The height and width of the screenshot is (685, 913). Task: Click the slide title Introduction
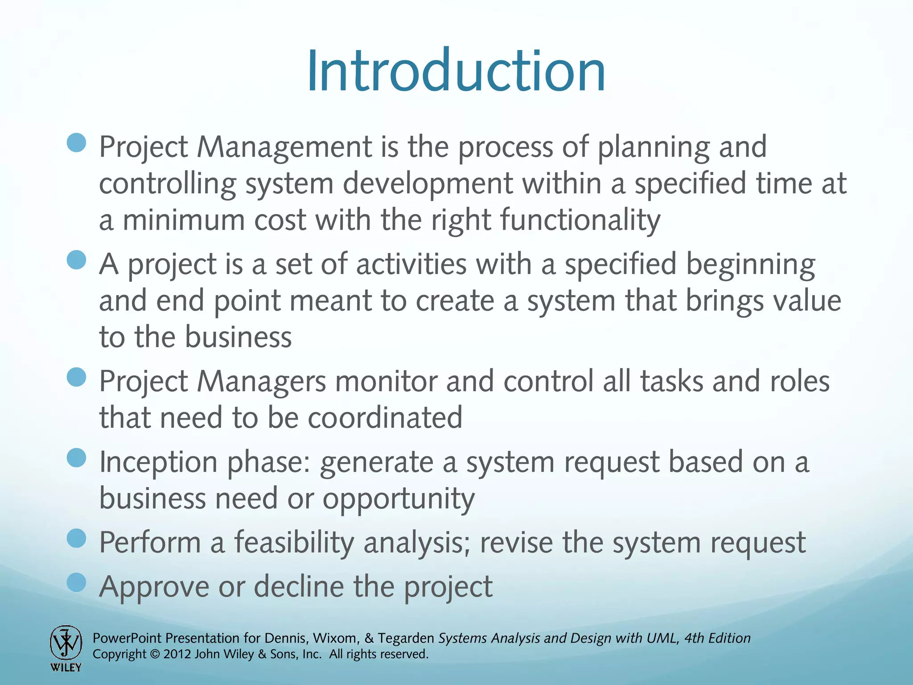pyautogui.click(x=456, y=71)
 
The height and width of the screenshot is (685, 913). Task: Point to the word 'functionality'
pyautogui.click(x=580, y=220)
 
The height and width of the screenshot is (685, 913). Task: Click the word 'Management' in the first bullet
pyautogui.click(x=284, y=147)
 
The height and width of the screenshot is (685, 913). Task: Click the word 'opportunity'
pyautogui.click(x=399, y=499)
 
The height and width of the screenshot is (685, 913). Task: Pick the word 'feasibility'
pyautogui.click(x=294, y=543)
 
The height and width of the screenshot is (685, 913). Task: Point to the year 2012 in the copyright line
pyautogui.click(x=177, y=654)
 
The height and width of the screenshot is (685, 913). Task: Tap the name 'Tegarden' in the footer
pyautogui.click(x=406, y=638)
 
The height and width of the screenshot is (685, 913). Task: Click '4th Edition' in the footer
pyautogui.click(x=717, y=638)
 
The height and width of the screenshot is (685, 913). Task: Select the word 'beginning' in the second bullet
pyautogui.click(x=750, y=264)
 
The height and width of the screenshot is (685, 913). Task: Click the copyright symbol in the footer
pyautogui.click(x=155, y=655)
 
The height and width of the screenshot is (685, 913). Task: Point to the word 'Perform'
pyautogui.click(x=150, y=543)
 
